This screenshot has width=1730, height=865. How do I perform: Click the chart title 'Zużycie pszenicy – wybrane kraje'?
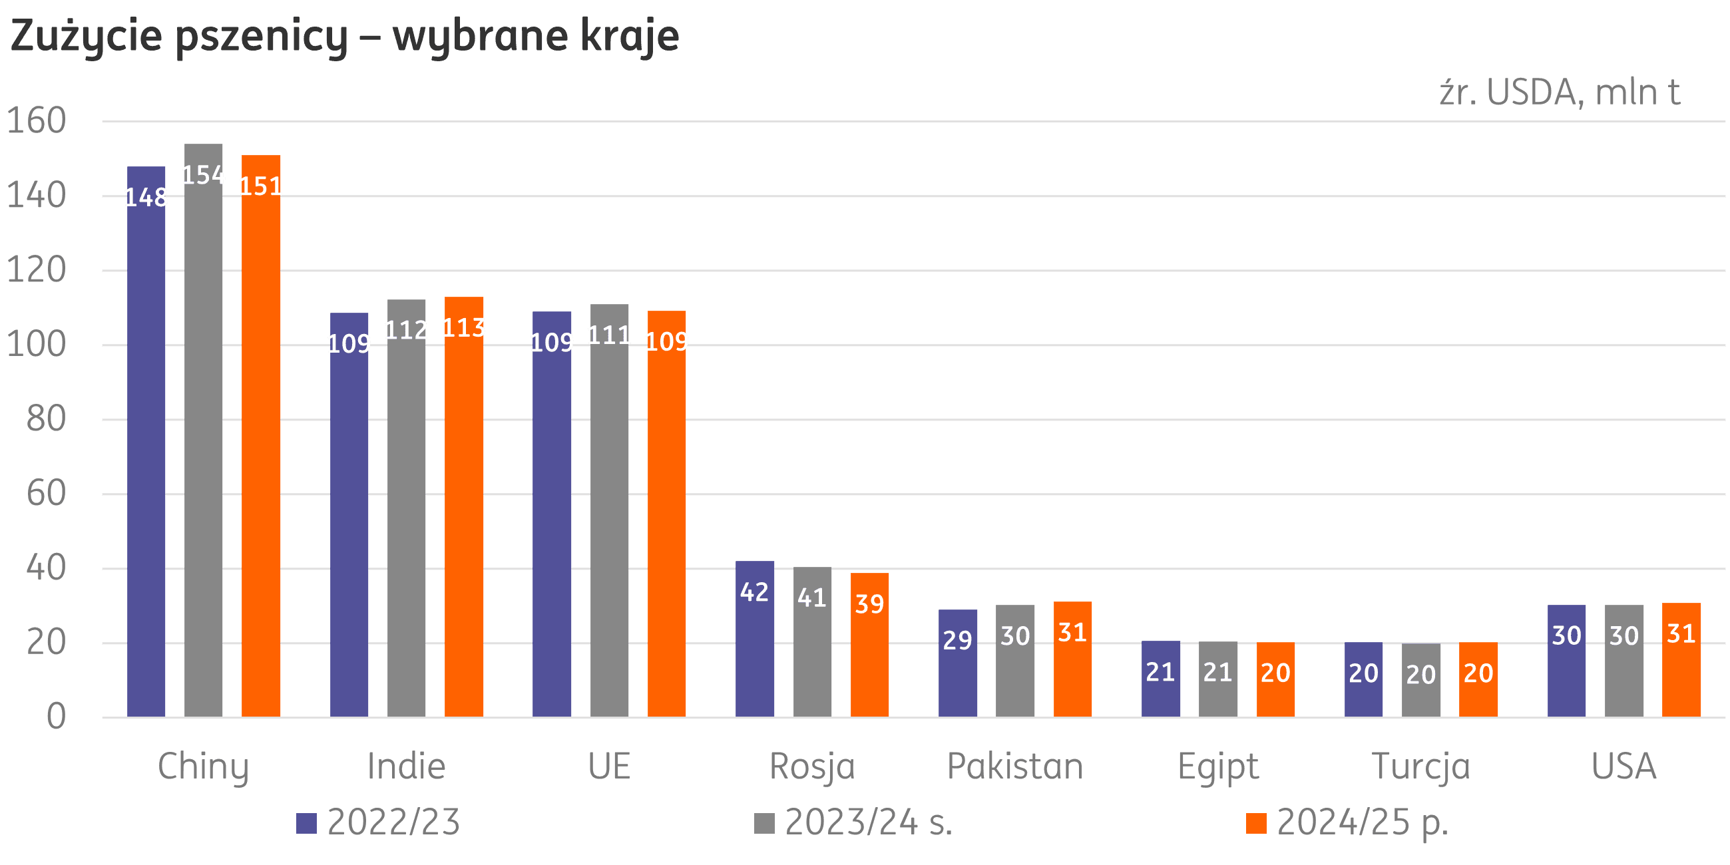[x=345, y=37]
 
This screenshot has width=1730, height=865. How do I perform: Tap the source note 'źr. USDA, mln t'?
[x=1560, y=92]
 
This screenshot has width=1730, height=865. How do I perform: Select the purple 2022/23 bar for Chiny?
[x=146, y=456]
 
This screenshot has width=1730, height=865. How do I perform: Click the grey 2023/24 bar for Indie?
[x=406, y=524]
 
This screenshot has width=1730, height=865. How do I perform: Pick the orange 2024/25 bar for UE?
[x=667, y=530]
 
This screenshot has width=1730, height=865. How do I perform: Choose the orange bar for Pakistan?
[x=1072, y=671]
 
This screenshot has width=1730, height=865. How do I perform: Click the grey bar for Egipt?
[x=1218, y=692]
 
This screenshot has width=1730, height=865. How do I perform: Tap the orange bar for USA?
[x=1681, y=671]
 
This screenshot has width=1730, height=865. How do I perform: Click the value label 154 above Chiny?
[x=204, y=175]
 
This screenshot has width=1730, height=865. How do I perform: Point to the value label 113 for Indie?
[x=463, y=328]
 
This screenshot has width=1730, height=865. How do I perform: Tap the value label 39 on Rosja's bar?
[x=870, y=604]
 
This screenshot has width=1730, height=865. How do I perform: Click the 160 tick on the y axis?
[x=37, y=121]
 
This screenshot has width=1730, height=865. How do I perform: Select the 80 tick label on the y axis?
[x=46, y=419]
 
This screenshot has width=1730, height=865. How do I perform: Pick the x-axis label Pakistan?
[x=1014, y=767]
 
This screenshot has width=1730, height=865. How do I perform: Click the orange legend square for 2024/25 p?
[x=1256, y=823]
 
